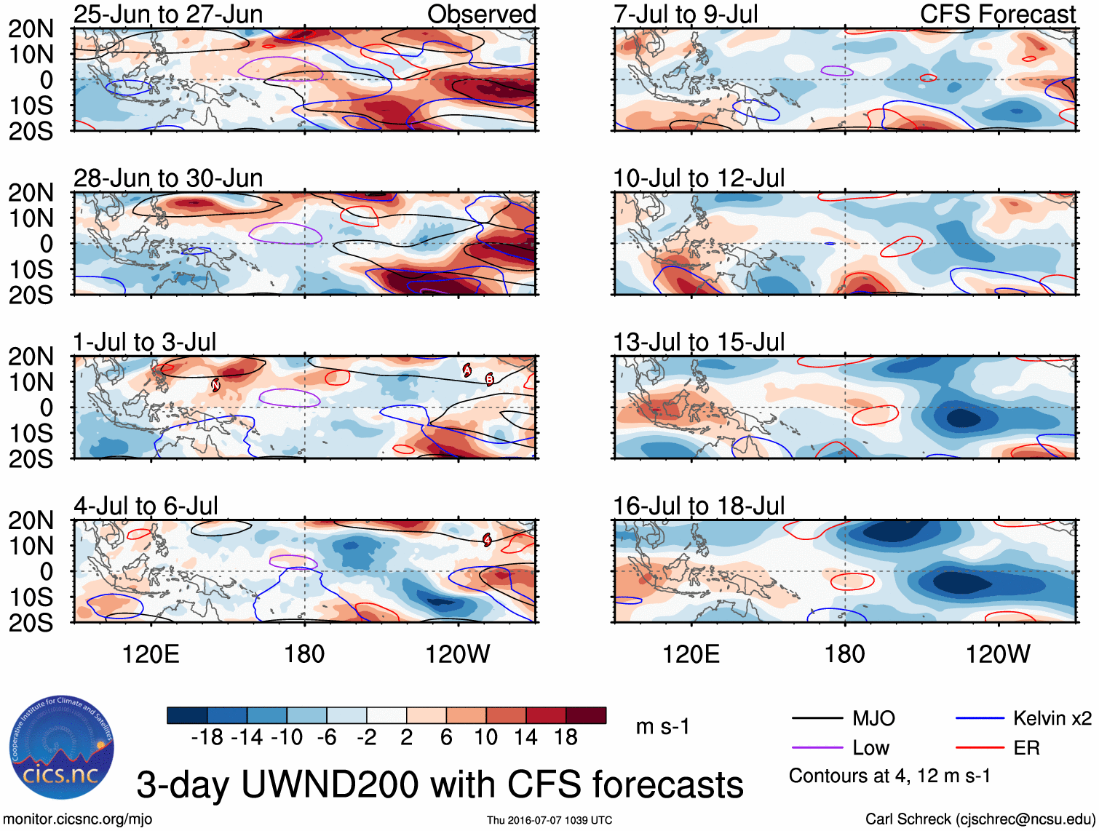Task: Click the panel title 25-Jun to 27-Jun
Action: pos(168,14)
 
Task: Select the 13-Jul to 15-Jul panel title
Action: pos(699,342)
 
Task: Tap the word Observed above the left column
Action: pos(481,14)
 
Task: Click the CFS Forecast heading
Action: pos(997,14)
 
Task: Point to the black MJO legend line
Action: pos(817,719)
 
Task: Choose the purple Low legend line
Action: pos(817,748)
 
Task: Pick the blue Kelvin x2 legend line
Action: pos(980,719)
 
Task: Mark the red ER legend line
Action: pos(980,748)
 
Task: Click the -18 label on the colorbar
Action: pos(207,737)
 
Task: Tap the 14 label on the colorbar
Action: pos(525,737)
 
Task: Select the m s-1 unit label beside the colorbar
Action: pos(662,726)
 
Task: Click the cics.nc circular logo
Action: pos(61,748)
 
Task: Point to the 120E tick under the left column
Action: pos(151,654)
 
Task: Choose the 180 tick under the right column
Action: pos(844,654)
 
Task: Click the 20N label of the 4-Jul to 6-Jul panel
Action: pos(31,520)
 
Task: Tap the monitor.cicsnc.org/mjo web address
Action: pos(78,819)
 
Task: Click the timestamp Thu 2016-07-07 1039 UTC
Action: pos(549,820)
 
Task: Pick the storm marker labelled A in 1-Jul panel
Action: pos(467,370)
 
